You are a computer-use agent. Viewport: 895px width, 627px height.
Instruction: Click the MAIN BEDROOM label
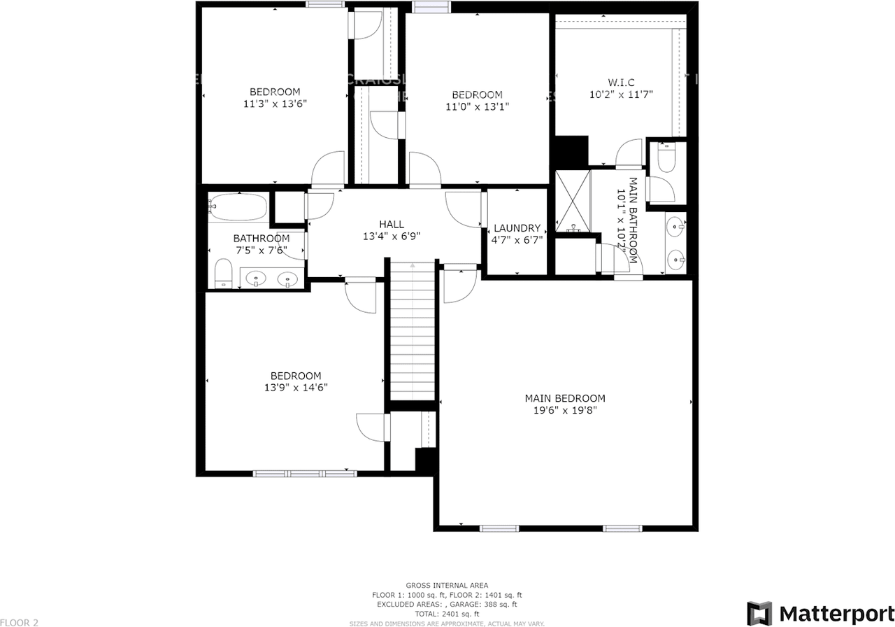coord(565,398)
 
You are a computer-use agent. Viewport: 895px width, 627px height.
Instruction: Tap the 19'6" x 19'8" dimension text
coord(565,410)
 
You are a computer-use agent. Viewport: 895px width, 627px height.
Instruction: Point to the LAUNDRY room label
coord(517,228)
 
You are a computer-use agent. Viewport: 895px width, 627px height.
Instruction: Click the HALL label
coord(392,224)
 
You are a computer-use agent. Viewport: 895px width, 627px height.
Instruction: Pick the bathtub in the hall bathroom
coord(238,207)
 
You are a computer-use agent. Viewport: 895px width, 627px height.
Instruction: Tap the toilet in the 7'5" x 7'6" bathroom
coord(223,272)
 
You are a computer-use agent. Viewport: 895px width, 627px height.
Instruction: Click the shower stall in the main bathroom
coord(573,201)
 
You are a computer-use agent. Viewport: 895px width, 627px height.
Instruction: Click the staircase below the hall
coord(413,329)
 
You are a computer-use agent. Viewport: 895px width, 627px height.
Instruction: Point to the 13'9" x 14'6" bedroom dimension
coord(295,387)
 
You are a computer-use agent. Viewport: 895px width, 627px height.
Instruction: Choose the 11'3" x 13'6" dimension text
coord(275,104)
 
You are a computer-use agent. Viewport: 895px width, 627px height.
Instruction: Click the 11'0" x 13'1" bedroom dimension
coord(476,106)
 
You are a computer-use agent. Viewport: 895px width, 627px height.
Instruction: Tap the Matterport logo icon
coord(759,613)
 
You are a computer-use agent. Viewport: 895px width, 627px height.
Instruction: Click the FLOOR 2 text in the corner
coord(20,622)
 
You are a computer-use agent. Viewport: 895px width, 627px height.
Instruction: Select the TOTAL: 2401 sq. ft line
coord(447,613)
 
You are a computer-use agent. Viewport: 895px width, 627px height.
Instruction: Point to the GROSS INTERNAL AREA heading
coord(447,585)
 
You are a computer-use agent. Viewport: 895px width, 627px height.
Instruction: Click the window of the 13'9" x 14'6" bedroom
coord(305,474)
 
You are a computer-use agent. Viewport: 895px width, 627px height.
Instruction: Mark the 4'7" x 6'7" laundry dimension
coord(517,240)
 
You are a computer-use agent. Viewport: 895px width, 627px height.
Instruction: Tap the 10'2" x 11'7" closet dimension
coord(622,94)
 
